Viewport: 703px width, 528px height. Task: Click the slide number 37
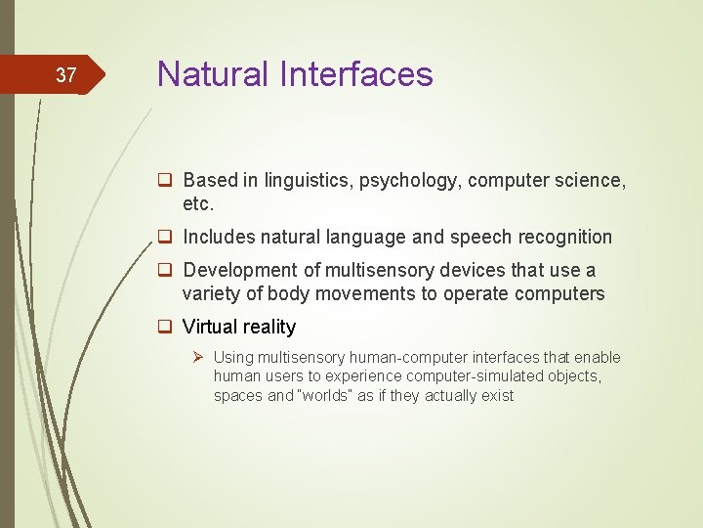pos(65,75)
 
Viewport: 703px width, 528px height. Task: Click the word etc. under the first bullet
pos(197,205)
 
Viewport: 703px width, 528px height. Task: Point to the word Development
pos(239,270)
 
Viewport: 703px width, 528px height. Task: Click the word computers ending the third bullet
pos(563,294)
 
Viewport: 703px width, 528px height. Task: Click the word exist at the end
pos(497,396)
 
